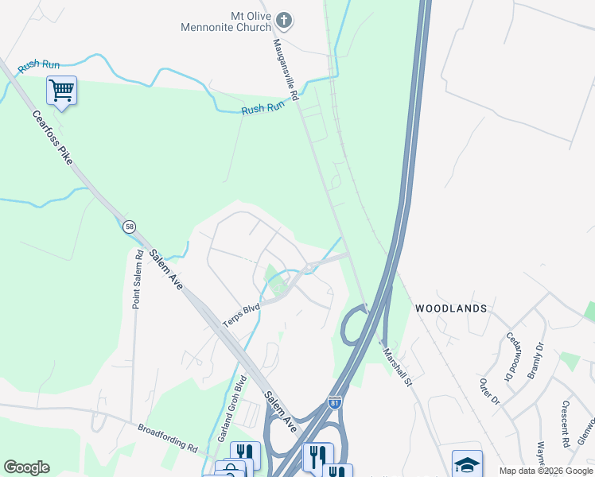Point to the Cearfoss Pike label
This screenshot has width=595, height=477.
coord(52,137)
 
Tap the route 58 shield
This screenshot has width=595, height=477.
coord(129,227)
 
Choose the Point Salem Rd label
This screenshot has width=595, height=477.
coord(137,278)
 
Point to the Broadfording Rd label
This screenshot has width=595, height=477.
coord(168,436)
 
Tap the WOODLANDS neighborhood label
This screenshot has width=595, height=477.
coord(450,307)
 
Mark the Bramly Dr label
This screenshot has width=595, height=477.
coord(536,357)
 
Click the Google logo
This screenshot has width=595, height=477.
coord(26,467)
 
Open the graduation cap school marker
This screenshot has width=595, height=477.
coord(467,463)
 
